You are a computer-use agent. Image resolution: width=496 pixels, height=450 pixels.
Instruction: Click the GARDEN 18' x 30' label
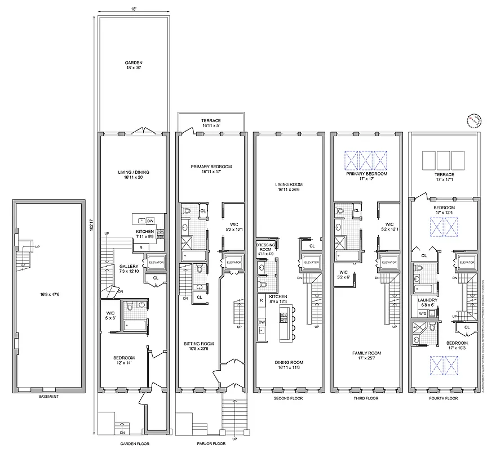pos(134,65)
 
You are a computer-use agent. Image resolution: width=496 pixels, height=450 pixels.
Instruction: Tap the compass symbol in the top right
pos(474,120)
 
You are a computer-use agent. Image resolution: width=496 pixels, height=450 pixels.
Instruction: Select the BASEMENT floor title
pos(48,397)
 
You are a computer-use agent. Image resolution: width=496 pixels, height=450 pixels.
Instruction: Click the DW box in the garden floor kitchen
pos(150,220)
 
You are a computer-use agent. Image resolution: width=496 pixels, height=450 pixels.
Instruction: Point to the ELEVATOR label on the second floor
pos(311,262)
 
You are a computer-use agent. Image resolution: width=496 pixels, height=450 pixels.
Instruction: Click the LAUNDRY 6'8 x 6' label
pos(428,303)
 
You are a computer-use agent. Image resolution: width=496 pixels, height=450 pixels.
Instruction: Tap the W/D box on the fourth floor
pos(423,313)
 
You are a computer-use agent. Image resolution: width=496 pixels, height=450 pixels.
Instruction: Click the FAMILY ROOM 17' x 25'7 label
pos(367,355)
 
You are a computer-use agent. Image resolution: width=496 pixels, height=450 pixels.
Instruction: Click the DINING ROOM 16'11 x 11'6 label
pos(289,365)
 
